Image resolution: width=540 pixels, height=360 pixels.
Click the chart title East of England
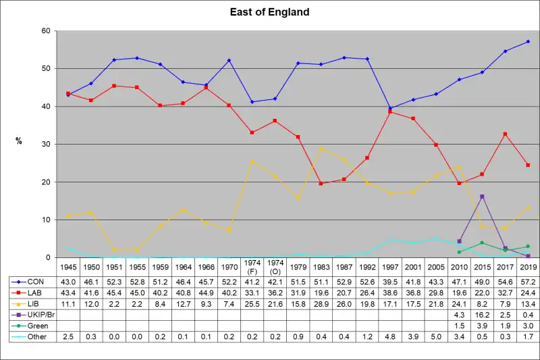tap(269, 12)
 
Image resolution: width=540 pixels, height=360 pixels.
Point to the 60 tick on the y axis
tap(46, 31)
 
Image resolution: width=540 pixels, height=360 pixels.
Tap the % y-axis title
tap(19, 141)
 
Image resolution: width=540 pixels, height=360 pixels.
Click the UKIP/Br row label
tap(38, 315)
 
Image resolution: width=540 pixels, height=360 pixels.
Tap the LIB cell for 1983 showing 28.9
tap(321, 304)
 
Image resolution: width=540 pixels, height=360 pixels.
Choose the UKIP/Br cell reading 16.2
tap(482, 315)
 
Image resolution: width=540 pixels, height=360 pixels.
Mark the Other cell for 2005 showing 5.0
tap(436, 336)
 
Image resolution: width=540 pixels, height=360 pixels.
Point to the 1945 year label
tap(67, 266)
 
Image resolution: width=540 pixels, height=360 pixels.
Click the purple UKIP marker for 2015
tap(482, 197)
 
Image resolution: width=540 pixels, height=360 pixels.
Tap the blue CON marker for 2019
tap(528, 41)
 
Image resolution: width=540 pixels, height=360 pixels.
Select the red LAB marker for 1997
tap(390, 111)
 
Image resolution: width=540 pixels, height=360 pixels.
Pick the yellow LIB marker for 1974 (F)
tap(252, 161)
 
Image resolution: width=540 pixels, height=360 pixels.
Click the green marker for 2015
tap(482, 243)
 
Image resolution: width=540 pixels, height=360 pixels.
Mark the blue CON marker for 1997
tap(390, 108)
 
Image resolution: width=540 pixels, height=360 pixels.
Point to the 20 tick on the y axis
tap(46, 182)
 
